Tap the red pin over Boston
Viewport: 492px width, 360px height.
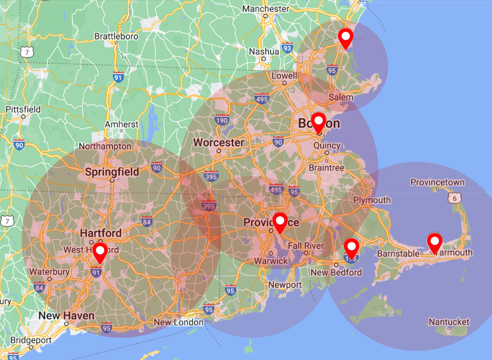coord(319,121)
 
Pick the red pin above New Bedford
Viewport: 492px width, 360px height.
coord(351,247)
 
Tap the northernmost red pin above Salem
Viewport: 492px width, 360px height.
coord(345,37)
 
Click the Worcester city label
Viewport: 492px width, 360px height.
coord(219,143)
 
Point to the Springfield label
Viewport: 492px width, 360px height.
coord(112,172)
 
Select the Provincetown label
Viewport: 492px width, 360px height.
coord(437,182)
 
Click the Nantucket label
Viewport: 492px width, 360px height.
coord(449,322)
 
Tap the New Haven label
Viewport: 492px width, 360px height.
coord(66,315)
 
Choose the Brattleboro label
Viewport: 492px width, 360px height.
coord(116,36)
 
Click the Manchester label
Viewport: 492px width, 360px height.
coord(266,9)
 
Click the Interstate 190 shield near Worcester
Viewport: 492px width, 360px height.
coord(222,120)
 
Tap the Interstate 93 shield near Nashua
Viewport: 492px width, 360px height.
coord(287,48)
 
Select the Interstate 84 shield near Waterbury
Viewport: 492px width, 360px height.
coord(40,287)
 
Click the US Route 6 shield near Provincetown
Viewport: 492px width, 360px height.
coord(453,198)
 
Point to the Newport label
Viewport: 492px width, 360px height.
coord(285,285)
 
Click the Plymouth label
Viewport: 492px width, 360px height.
coord(372,200)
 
